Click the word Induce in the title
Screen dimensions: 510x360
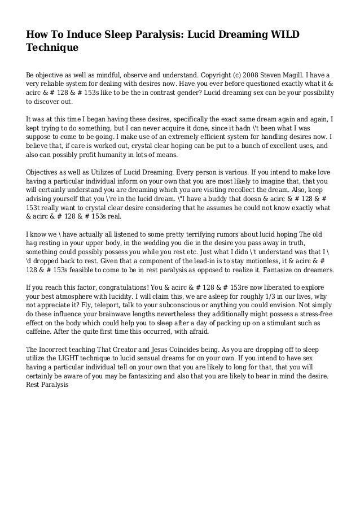82,36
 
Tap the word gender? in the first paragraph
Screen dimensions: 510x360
186,94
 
